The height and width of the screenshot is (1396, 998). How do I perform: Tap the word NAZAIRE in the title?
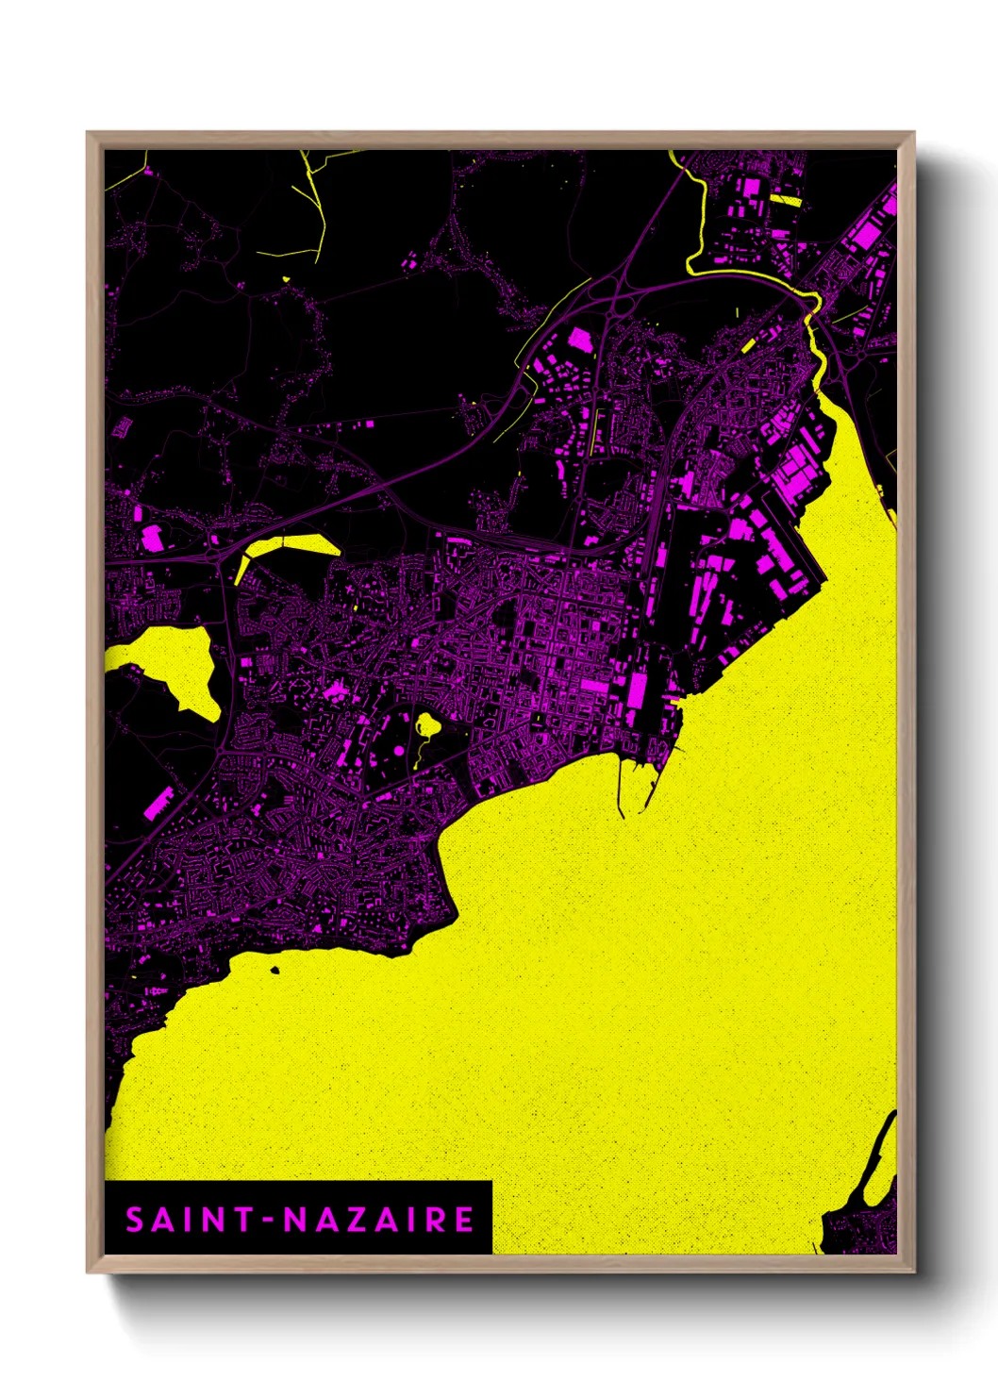379,1220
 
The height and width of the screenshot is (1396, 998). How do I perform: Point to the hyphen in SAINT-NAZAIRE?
269,1221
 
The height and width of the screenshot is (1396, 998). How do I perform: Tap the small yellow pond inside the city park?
427,725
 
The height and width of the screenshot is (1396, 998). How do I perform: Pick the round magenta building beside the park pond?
399,750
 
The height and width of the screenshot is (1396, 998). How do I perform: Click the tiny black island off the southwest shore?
274,970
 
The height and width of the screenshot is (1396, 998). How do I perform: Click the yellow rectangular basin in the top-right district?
785,200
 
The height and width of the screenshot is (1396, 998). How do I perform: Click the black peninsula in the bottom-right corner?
863,1226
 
